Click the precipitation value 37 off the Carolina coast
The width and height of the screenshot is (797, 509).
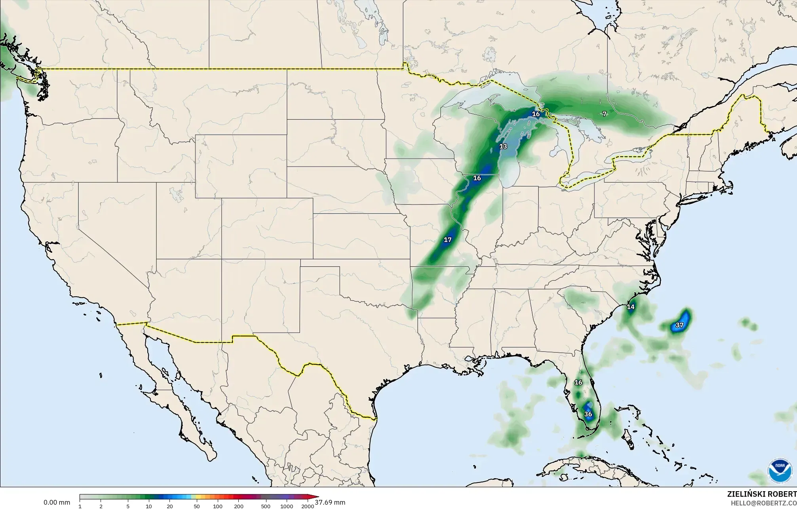(x=679, y=325)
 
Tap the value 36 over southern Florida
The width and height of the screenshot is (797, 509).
(x=588, y=414)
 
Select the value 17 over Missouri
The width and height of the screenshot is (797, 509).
(x=447, y=240)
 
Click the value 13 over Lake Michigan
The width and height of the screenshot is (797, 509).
(x=503, y=146)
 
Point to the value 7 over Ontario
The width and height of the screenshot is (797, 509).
(x=604, y=114)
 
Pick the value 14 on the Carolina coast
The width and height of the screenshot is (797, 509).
(x=630, y=307)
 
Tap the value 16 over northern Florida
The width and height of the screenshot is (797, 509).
(x=578, y=382)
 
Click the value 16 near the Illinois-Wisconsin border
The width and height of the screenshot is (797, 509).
(x=477, y=178)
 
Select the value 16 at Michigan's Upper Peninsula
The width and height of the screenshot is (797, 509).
(x=535, y=114)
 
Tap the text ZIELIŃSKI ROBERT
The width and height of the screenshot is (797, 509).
(x=762, y=494)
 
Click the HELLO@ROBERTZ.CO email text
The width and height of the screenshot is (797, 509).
(x=763, y=503)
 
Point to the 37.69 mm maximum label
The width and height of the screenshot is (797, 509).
(x=330, y=502)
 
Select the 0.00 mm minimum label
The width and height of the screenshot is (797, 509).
(x=57, y=502)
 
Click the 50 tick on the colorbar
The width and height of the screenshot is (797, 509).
(x=196, y=506)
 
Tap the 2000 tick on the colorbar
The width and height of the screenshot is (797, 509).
(x=308, y=506)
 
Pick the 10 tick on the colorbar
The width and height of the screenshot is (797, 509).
(x=148, y=506)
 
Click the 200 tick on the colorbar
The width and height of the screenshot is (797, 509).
(x=238, y=506)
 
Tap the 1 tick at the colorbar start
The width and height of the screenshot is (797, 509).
(x=80, y=506)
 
